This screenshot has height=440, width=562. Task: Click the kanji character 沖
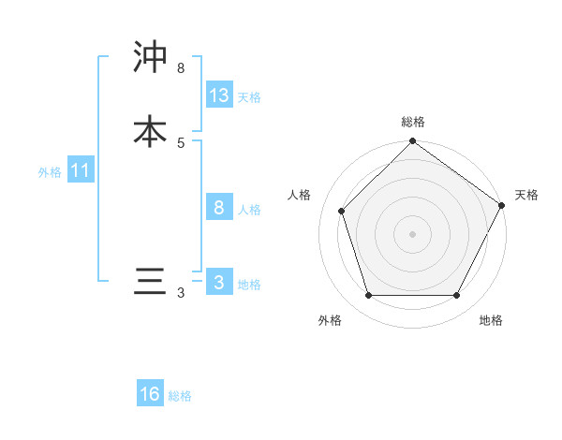point(150,58)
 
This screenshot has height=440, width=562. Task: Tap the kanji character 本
point(150,131)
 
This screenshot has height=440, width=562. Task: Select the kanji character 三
point(150,283)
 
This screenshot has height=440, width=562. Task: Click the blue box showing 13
point(219,95)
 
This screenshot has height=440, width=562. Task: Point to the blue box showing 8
point(219,208)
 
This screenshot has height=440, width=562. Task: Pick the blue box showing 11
point(80,171)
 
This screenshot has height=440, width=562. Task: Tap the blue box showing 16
point(150,394)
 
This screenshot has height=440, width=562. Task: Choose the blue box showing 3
point(219,283)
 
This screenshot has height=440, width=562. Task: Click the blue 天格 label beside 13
point(249,97)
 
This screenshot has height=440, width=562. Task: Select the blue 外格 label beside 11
point(50,172)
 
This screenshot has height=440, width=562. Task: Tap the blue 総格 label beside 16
point(180,396)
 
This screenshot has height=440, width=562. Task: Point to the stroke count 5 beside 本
point(181,142)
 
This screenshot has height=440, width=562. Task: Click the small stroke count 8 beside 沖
point(181,67)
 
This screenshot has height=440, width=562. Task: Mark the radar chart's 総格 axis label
point(412,122)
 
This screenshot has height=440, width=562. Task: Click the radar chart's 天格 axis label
point(526,195)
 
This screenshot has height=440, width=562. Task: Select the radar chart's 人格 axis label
point(300,195)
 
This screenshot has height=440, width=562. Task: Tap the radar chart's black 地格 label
point(491,320)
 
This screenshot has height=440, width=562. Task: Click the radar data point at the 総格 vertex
point(412,142)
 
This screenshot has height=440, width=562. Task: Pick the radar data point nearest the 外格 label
point(368,296)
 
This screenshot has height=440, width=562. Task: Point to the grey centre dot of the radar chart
point(412,234)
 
